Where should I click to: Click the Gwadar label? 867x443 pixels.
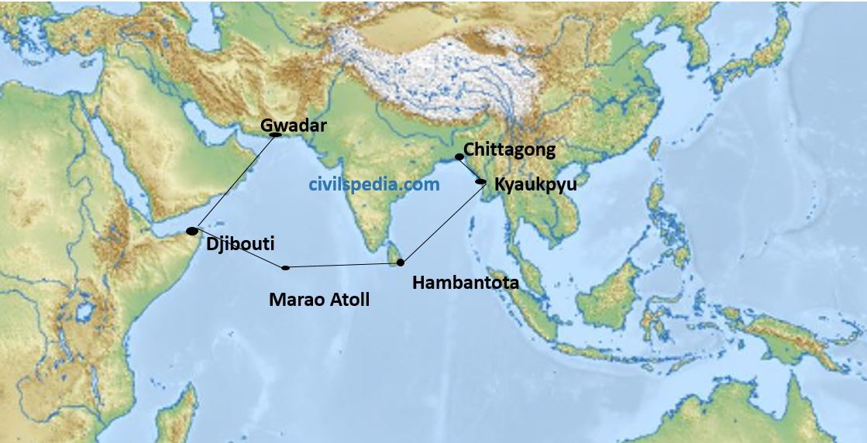[x=294, y=124]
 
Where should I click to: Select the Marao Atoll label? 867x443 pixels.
[x=319, y=298]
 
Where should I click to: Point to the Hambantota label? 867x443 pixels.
[x=465, y=283]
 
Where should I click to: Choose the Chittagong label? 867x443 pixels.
[x=509, y=149]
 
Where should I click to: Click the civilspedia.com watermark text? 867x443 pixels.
[x=373, y=184]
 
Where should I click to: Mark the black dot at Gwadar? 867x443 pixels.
[x=274, y=135]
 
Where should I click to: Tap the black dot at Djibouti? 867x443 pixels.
[x=192, y=231]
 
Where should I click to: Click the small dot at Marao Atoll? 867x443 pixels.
[x=286, y=268]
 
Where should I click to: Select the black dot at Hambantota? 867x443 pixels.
[x=401, y=263]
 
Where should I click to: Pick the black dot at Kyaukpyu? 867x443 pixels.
[x=481, y=182]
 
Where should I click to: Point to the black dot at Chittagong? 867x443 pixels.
[x=459, y=156]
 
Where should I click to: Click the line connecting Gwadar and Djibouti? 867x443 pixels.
[x=234, y=182]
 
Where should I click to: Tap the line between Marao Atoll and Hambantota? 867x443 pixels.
[x=343, y=266]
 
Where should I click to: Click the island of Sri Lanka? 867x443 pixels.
[x=394, y=252]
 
